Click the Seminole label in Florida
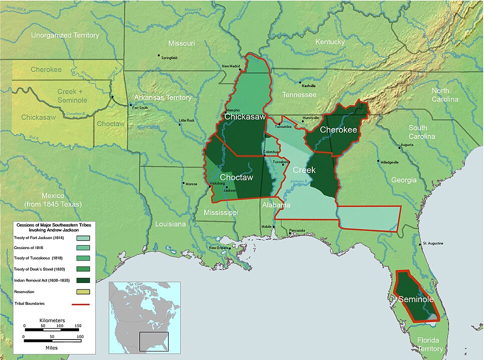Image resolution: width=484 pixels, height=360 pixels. pos(415,299)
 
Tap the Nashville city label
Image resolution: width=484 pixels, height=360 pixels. pos(308,86)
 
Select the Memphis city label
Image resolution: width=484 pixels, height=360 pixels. pos(233,110)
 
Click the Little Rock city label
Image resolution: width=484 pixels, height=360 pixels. pos(187,120)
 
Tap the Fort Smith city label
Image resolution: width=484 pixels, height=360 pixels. pos(140,107)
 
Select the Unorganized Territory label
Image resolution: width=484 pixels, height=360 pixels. pos(65,35)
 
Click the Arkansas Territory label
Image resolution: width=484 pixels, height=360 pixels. pos(163,97)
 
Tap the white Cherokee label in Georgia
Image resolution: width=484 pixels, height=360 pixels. pos(338,130)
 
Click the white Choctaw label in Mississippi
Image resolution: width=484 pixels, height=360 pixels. pos(237,177)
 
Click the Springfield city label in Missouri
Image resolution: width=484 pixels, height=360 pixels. pos(169,57)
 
